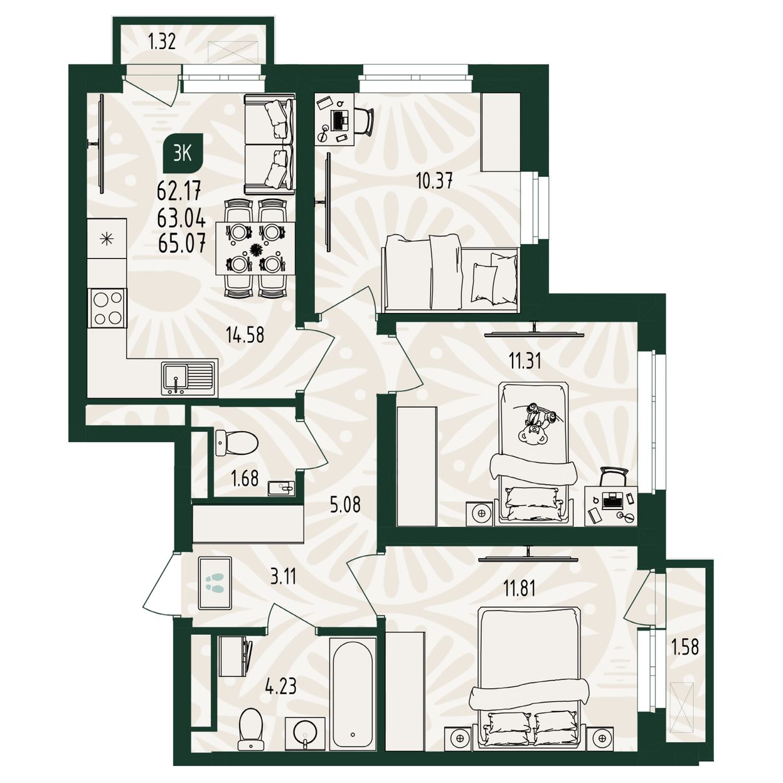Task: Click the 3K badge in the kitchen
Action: point(183,154)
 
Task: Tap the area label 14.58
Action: point(245,335)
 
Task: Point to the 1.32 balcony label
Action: point(162,41)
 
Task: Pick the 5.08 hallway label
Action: point(345,506)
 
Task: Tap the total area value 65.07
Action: point(181,244)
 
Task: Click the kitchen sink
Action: point(188,378)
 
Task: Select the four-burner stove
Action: point(107,307)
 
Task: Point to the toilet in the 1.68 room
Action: point(237,442)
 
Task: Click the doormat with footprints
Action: point(215,583)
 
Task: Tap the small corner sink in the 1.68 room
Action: point(281,488)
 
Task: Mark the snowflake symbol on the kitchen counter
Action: point(107,239)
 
